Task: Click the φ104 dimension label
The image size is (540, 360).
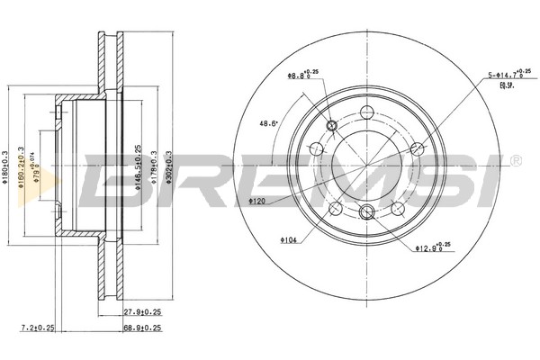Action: pyautogui.click(x=288, y=240)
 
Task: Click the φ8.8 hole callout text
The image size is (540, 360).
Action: pyautogui.click(x=300, y=76)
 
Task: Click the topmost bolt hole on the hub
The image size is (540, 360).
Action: pyautogui.click(x=366, y=112)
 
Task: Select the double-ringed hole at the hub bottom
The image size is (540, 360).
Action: pyautogui.click(x=366, y=211)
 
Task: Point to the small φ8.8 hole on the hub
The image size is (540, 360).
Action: pyautogui.click(x=332, y=125)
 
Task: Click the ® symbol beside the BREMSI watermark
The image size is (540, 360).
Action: pyautogui.click(x=515, y=160)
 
